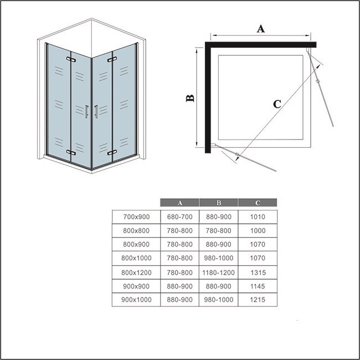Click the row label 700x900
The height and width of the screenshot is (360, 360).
pyautogui.click(x=136, y=215)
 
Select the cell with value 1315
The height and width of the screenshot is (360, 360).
pyautogui.click(x=258, y=272)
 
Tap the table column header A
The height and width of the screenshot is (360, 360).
pyautogui.click(x=179, y=202)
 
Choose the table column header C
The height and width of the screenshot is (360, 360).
pyautogui.click(x=258, y=202)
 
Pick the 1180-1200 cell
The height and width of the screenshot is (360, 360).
pyautogui.click(x=218, y=272)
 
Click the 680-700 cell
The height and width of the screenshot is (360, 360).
pyautogui.click(x=179, y=215)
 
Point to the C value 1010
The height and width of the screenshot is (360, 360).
pyautogui.click(x=258, y=215)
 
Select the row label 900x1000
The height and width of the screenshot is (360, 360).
pyautogui.click(x=136, y=300)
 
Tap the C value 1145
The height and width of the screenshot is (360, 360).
pyautogui.click(x=258, y=286)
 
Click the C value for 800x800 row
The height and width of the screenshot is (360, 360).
pyautogui.click(x=258, y=229)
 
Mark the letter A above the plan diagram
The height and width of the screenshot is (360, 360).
pyautogui.click(x=260, y=29)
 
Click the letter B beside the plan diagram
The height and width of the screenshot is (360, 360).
pyautogui.click(x=189, y=98)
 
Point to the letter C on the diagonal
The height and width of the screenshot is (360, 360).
pyautogui.click(x=277, y=103)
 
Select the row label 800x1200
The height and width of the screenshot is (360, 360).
pyautogui.click(x=136, y=272)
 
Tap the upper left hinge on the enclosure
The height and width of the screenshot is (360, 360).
pyautogui.click(x=70, y=59)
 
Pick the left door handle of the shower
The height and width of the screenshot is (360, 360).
pyautogui.click(x=87, y=111)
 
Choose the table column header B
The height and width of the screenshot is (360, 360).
pyautogui.click(x=218, y=202)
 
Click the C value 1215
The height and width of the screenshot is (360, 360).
pyautogui.click(x=258, y=300)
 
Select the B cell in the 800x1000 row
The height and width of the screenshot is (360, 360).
pyautogui.click(x=218, y=258)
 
